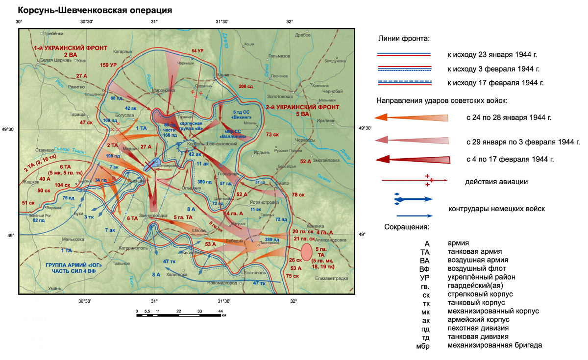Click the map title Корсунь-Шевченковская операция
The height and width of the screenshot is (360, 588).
click(x=95, y=10)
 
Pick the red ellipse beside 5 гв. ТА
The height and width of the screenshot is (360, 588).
click(x=307, y=251)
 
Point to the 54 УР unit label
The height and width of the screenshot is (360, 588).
click(x=197, y=51)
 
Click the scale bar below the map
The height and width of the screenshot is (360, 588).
click(x=179, y=314)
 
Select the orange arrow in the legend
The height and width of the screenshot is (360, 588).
click(x=411, y=118)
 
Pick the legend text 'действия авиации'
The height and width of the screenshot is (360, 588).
click(x=496, y=182)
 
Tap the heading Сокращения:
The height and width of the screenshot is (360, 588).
click(x=407, y=228)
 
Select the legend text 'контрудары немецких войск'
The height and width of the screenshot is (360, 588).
click(x=496, y=209)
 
